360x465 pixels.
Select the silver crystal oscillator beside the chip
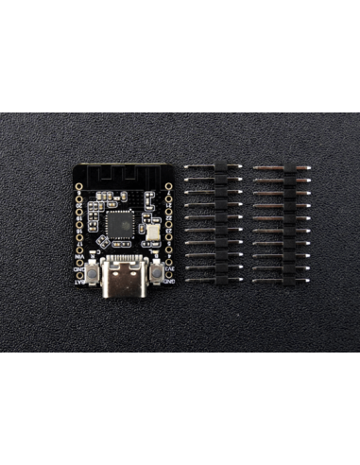pos(153,231)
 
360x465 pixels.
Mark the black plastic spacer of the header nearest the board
pos(219,223)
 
